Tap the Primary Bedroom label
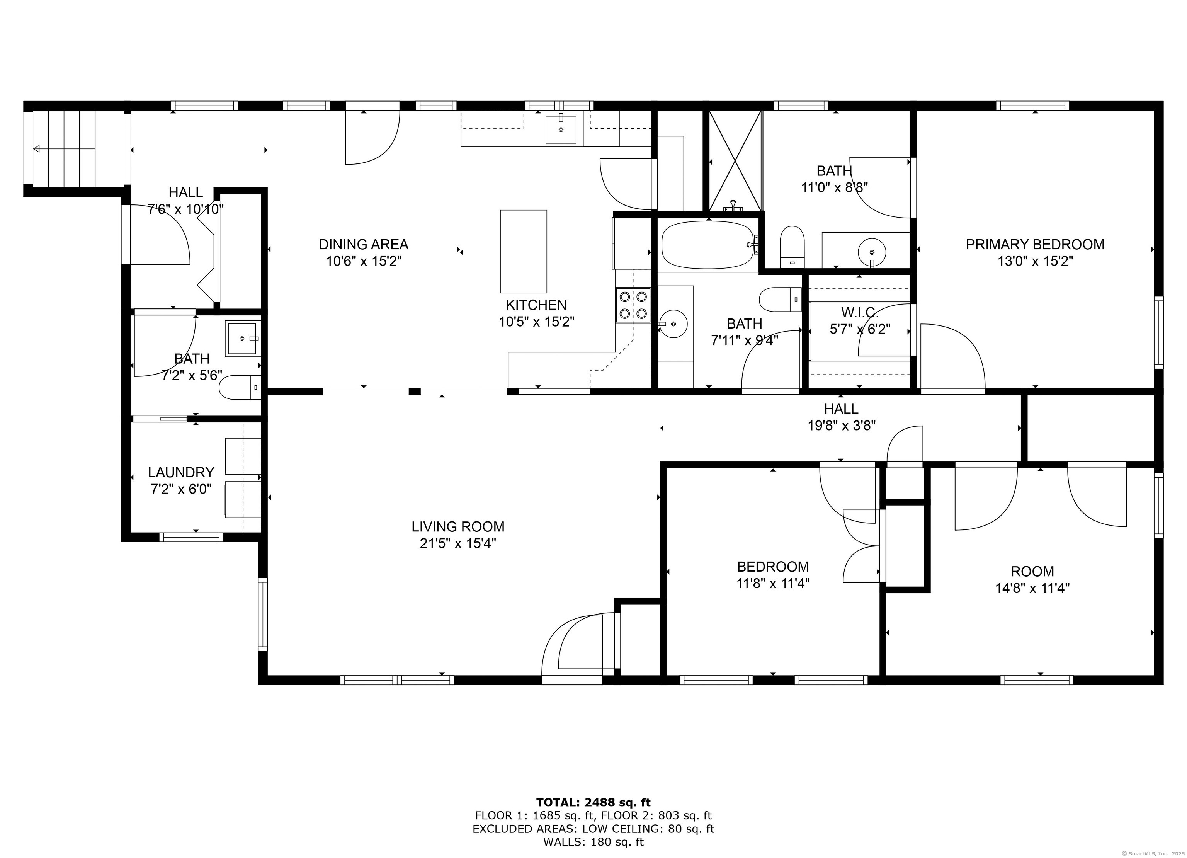[1035, 245]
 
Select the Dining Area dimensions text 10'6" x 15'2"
[364, 261]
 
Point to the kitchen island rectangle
[523, 251]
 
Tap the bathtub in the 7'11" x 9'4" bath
[709, 245]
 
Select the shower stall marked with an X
[735, 161]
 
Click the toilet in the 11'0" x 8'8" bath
[792, 247]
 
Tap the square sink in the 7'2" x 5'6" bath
[243, 339]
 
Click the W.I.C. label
[859, 313]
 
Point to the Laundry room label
[181, 472]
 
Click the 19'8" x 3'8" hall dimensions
[842, 426]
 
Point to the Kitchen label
[536, 305]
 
